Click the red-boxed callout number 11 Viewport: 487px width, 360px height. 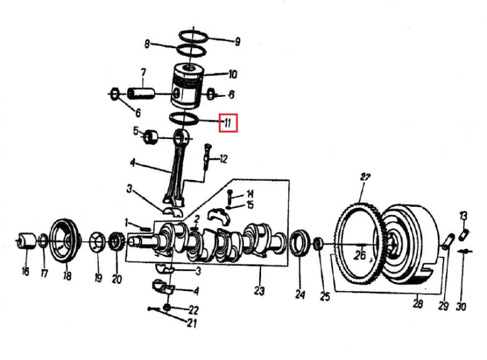pyautogui.click(x=228, y=123)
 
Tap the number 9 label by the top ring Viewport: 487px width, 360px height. pyautogui.click(x=237, y=42)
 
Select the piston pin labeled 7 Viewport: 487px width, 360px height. pyautogui.click(x=141, y=94)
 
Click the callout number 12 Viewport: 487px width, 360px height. pyautogui.click(x=223, y=159)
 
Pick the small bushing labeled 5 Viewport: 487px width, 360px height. pyautogui.click(x=151, y=137)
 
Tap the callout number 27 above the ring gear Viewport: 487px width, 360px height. pyautogui.click(x=365, y=177)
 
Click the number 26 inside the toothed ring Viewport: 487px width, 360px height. pyautogui.click(x=360, y=255)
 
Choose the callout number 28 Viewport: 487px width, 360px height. pyautogui.click(x=418, y=303)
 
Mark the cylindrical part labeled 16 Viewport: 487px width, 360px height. pyautogui.click(x=27, y=241)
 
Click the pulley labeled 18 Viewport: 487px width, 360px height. pyautogui.click(x=65, y=240)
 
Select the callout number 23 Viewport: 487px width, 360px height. pyautogui.click(x=259, y=291)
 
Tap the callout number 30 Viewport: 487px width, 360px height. pyautogui.click(x=461, y=307)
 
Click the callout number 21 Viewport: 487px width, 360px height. pyautogui.click(x=192, y=323)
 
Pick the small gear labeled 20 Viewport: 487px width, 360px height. pyautogui.click(x=117, y=241)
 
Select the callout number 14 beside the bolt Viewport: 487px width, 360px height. pyautogui.click(x=250, y=194)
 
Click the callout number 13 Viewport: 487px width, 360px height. pyautogui.click(x=463, y=216)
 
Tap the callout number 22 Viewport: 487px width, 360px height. pyautogui.click(x=194, y=310)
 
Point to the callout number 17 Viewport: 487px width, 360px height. pyautogui.click(x=44, y=274)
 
